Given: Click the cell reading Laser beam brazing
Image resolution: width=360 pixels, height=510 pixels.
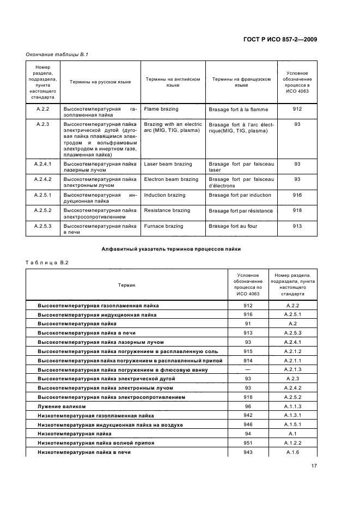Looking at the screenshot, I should tap(168, 164).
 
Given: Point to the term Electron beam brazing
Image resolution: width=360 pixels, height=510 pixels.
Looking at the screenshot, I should tap(171, 179).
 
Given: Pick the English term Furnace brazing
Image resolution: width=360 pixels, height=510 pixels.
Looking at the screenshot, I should tap(163, 226).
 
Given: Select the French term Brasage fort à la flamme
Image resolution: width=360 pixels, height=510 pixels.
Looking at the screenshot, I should tap(238, 109).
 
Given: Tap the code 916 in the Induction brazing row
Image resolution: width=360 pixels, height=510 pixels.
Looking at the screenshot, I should tap(297, 195).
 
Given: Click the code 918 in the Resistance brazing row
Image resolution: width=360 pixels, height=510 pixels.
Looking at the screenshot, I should tap(297, 210).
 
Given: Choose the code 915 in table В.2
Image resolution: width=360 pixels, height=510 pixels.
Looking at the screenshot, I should tap(248, 351).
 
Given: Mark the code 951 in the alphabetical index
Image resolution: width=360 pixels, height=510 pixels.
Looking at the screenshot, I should tap(248, 443).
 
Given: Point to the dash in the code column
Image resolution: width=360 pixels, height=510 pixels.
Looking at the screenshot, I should tap(248, 369).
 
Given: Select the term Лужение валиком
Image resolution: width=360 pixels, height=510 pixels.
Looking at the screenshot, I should tap(60, 406).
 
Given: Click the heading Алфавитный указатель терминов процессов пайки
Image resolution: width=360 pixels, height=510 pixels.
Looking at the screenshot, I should tap(171, 249).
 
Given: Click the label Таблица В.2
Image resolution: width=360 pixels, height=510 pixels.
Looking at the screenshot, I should tap(47, 263).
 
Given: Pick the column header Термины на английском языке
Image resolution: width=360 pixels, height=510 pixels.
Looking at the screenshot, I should tap(173, 82).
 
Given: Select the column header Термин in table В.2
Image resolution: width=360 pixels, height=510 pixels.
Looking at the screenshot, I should tap(126, 285).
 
